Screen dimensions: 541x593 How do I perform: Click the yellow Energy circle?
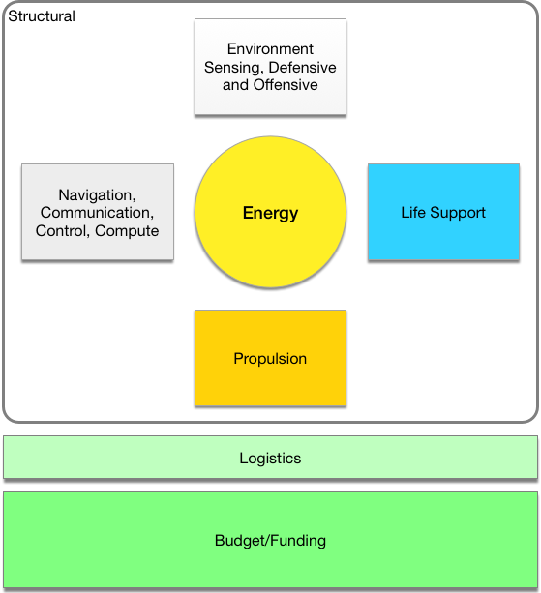[x=270, y=212]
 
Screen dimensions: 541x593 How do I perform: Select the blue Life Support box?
[x=443, y=212]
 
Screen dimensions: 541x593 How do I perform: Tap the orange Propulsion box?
[x=270, y=358]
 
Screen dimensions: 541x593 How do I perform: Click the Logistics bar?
[x=270, y=458]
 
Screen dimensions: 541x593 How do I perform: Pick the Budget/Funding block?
[x=270, y=540]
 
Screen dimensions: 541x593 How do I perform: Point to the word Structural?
[x=42, y=16]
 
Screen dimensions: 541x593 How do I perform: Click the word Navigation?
[x=97, y=195]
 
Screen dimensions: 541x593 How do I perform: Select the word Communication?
[x=97, y=213]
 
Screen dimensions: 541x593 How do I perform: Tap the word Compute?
[x=127, y=231]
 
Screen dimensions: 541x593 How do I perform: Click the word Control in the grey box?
[x=63, y=230]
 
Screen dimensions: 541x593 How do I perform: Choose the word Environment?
[x=270, y=48]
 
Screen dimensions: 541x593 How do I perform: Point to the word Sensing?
[x=234, y=68]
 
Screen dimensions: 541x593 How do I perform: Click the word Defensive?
[x=302, y=67]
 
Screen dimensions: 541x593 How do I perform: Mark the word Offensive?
[x=286, y=85]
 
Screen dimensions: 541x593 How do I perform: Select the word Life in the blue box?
[x=413, y=212]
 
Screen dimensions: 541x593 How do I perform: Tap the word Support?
[x=458, y=213]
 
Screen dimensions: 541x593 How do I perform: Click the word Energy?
[x=270, y=213]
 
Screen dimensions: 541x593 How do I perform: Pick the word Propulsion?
[x=270, y=359]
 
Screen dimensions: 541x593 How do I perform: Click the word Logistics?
[x=270, y=458]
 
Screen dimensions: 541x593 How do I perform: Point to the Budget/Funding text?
[x=270, y=541]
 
